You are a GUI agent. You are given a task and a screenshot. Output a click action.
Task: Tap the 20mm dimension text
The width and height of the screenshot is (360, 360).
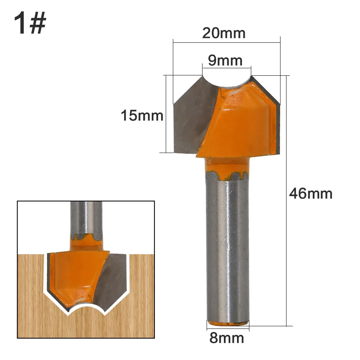click(223, 33)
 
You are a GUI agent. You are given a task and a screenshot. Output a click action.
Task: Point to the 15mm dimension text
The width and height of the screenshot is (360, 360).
click(142, 115)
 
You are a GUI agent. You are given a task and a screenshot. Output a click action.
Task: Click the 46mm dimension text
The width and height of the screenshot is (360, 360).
click(310, 193)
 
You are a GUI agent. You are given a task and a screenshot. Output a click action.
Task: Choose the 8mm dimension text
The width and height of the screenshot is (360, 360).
click(226, 338)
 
